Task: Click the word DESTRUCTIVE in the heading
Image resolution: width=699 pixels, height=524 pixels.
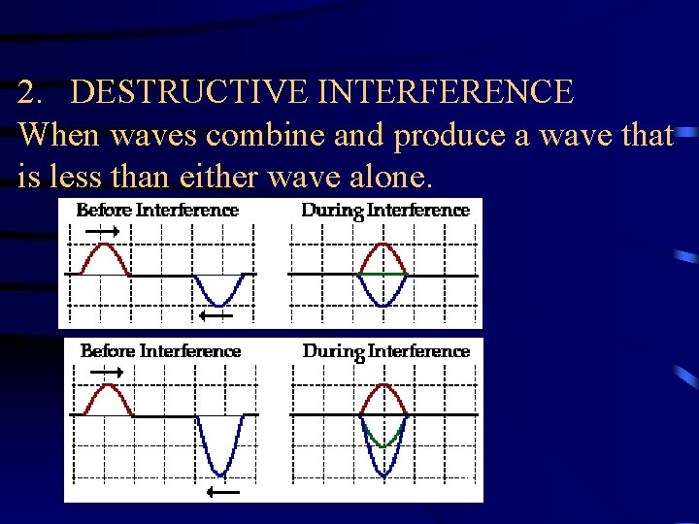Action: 185,93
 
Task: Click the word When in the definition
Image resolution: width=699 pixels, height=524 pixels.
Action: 59,135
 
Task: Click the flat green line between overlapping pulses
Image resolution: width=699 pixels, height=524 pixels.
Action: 383,275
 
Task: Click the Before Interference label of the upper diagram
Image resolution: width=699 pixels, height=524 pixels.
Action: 157,210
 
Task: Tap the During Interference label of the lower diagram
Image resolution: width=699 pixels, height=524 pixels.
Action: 386,351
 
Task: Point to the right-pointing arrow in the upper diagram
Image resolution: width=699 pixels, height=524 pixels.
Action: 102,231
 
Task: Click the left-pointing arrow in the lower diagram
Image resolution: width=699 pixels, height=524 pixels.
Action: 222,492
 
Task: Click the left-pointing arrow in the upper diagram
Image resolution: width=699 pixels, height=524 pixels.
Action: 216,314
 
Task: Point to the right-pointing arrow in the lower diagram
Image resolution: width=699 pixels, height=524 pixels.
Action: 106,372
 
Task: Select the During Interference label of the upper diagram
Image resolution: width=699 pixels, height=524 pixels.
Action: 385,211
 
